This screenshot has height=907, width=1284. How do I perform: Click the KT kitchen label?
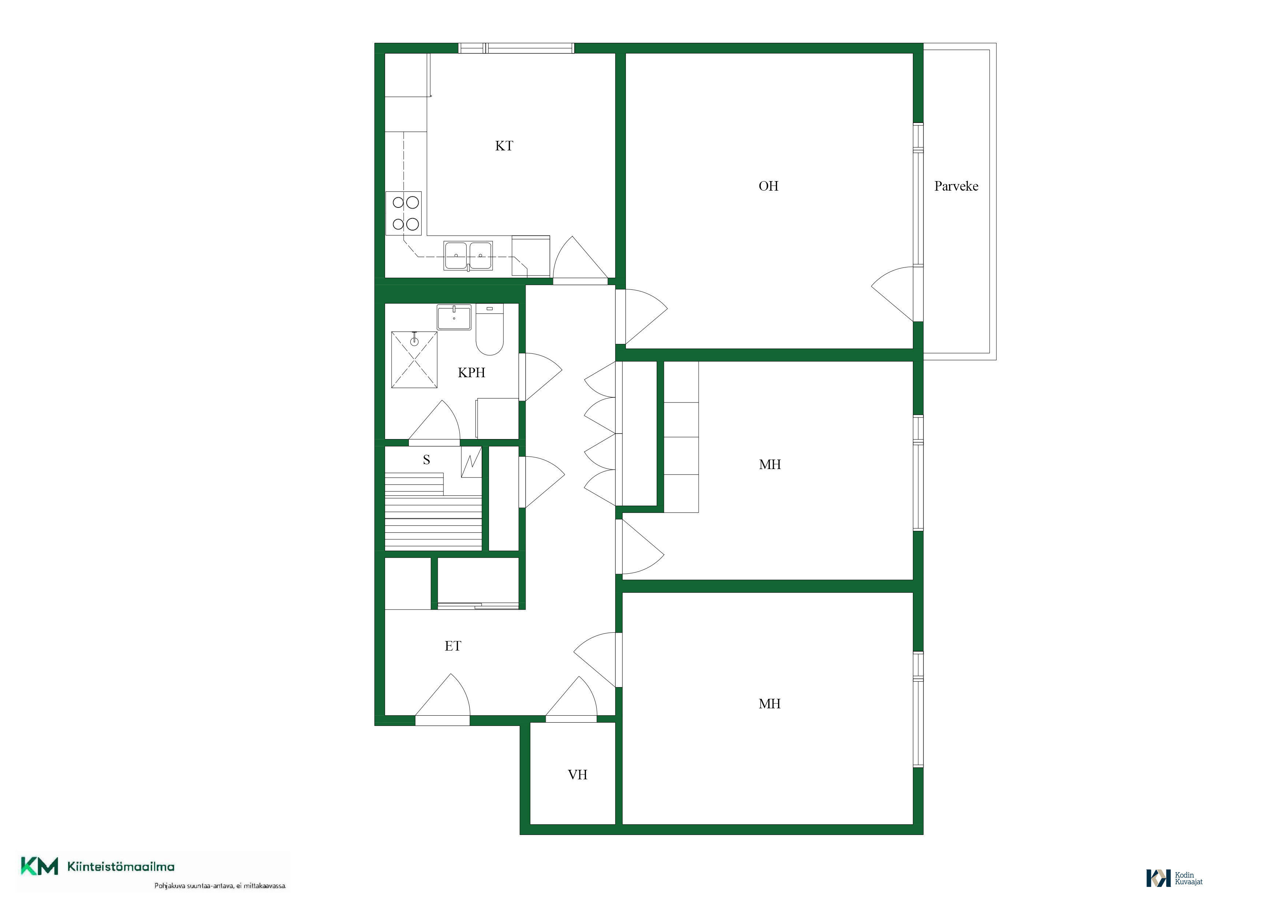pyautogui.click(x=504, y=146)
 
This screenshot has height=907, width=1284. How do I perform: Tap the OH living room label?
pyautogui.click(x=768, y=186)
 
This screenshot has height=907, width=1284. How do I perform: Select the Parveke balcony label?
pyautogui.click(x=956, y=186)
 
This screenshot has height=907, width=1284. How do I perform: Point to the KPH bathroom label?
pyautogui.click(x=471, y=373)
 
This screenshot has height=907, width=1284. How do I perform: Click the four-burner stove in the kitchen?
pyautogui.click(x=404, y=213)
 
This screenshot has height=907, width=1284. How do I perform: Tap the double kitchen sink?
pyautogui.click(x=468, y=256)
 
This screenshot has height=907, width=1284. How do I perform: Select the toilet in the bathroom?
pyautogui.click(x=490, y=330)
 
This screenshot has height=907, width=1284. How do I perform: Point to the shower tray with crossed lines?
pyautogui.click(x=414, y=359)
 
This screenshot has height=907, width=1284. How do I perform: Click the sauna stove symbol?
pyautogui.click(x=471, y=462)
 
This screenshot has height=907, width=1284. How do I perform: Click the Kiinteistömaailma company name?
pyautogui.click(x=121, y=867)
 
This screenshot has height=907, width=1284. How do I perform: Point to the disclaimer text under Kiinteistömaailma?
pyautogui.click(x=220, y=886)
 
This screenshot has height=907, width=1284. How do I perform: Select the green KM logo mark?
pyautogui.click(x=39, y=866)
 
